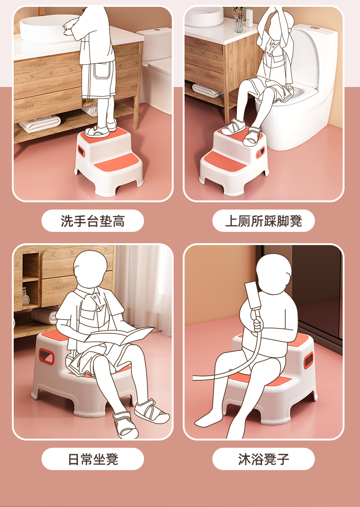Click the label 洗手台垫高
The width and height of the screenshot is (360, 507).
point(93,221)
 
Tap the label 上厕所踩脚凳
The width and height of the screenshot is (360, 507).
point(263,221)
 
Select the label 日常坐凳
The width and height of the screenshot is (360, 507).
point(93,459)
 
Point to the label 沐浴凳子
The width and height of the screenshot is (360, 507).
point(263,459)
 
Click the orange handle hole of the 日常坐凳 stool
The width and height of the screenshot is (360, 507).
point(46,356)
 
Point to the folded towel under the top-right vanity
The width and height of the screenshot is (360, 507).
point(207,90)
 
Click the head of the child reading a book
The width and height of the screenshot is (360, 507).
point(90,269)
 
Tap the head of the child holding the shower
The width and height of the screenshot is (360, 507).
point(273,274)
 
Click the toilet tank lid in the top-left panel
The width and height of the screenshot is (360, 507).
point(154,32)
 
